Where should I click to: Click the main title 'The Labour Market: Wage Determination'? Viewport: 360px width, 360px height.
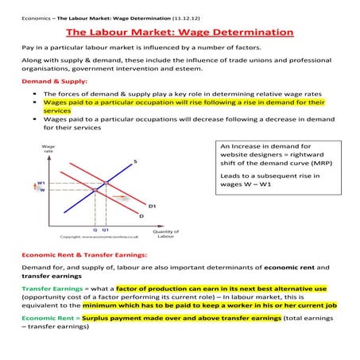click(180, 33)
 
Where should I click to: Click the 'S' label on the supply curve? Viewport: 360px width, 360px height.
click(135, 161)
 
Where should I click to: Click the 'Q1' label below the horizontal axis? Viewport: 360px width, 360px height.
click(106, 229)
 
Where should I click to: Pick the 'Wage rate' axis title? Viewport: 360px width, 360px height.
click(47, 149)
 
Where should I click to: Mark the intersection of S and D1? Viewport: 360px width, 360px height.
click(106, 184)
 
